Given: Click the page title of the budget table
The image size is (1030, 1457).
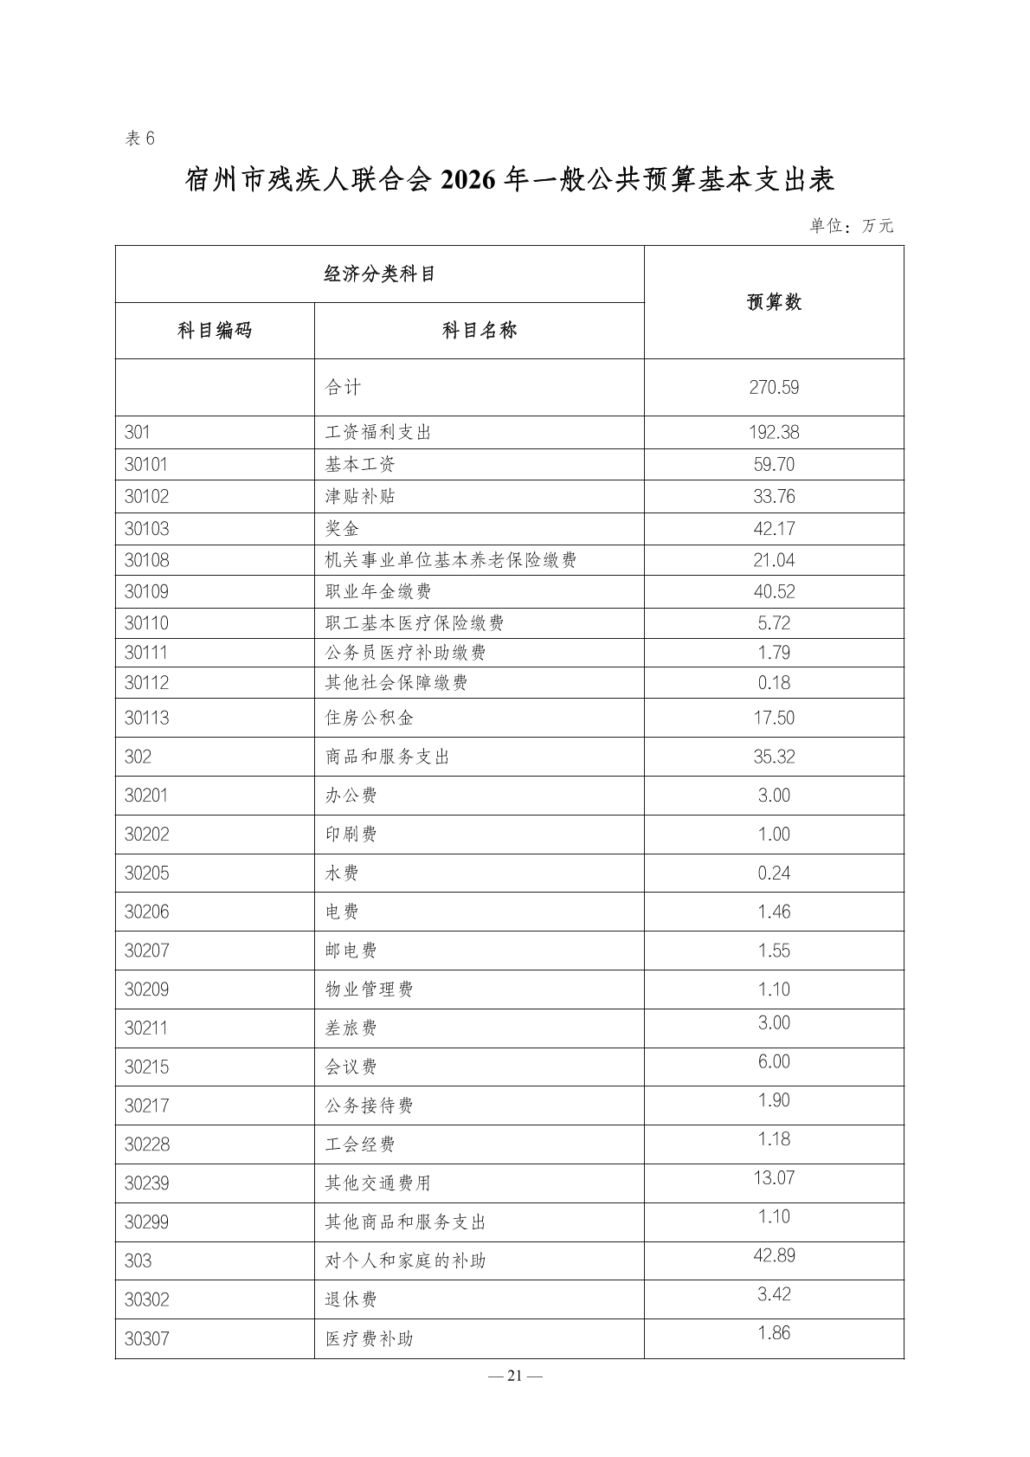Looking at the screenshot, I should [x=510, y=180].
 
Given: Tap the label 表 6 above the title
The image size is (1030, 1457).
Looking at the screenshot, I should [x=140, y=139].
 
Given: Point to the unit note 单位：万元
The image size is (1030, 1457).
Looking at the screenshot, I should [x=851, y=227].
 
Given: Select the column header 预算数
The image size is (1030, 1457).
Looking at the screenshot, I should [x=774, y=302].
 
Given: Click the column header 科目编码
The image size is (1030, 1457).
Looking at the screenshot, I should [x=215, y=331].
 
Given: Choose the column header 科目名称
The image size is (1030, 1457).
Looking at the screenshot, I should [x=479, y=331].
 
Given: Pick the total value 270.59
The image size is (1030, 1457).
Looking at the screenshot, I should [x=774, y=388].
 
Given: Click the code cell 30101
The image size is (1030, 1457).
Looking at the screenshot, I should [x=146, y=465].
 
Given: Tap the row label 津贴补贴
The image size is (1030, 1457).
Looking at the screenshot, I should [x=360, y=497].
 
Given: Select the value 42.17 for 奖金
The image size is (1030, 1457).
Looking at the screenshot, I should [x=774, y=529].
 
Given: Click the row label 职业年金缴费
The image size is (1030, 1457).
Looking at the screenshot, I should [x=378, y=592].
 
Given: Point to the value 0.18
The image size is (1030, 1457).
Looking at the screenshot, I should [x=774, y=683].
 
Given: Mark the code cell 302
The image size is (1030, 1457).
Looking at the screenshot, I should [x=138, y=758].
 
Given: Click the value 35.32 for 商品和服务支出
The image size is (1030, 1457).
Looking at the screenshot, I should [x=774, y=758].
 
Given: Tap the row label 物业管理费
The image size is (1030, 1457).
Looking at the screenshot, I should [x=370, y=990].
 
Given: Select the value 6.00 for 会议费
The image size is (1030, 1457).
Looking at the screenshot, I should [x=774, y=1062].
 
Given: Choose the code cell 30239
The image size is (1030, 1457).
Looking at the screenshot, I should [x=147, y=1183].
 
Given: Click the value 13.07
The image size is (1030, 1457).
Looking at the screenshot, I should [x=774, y=1178].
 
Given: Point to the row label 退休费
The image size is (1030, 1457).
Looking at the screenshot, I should [x=351, y=1300].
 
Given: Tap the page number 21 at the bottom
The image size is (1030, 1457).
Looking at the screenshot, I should [x=515, y=1376].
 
